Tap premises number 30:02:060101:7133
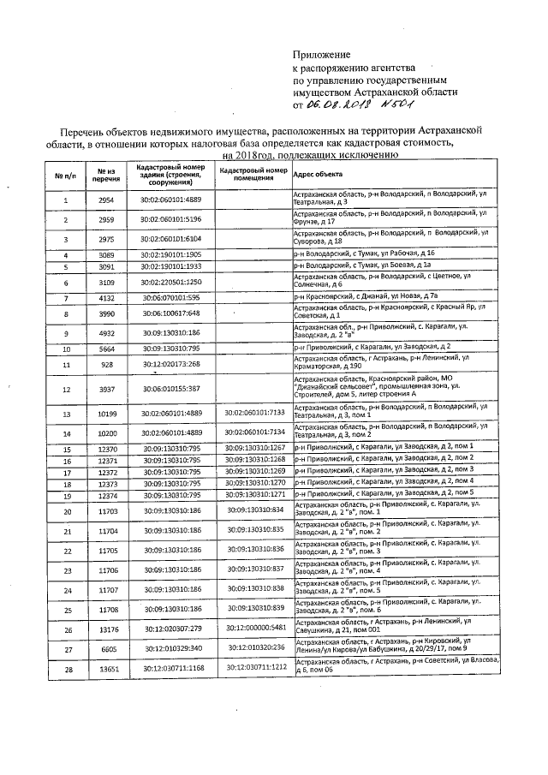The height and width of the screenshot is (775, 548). point(253,414)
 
